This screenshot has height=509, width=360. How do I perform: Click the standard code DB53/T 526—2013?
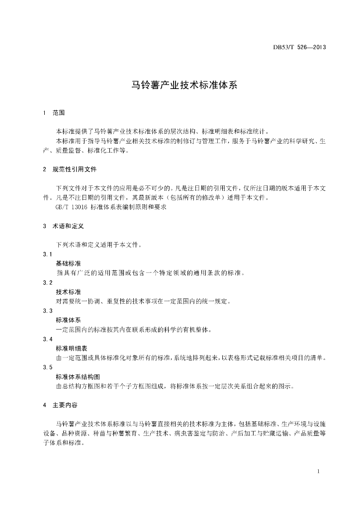pos(299,48)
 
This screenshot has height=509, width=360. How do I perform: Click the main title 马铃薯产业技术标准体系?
pos(180,85)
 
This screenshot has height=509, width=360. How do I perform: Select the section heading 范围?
pos(59,113)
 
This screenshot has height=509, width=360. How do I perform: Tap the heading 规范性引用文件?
pos(74,170)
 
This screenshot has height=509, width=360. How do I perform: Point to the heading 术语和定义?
pos(68,226)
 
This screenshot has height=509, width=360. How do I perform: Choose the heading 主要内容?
pos(65,405)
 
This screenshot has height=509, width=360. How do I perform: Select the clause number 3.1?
pos(48,254)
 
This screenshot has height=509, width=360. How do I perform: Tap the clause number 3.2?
pos(48,282)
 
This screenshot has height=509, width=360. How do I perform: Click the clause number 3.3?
pos(48,311)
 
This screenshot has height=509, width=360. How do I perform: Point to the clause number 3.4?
pos(48,339)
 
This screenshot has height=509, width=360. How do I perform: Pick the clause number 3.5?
pos(48,367)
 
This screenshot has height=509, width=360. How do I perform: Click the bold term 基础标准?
pos(68,263)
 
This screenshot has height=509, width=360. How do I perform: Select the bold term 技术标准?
pos(68,292)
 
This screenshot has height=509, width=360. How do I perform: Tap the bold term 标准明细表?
pos(71,348)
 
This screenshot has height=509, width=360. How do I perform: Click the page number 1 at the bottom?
pos(317,471)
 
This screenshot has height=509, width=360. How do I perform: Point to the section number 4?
pos(45,405)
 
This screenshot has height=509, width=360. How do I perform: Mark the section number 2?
pos(45,170)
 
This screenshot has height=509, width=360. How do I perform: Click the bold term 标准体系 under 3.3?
pos(68,320)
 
